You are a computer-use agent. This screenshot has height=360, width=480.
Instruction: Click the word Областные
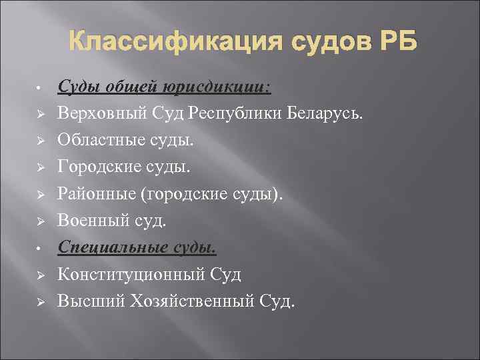coord(98,140)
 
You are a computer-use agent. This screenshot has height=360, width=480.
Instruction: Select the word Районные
coord(94,194)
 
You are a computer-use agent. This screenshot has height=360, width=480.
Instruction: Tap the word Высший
coord(86,301)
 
